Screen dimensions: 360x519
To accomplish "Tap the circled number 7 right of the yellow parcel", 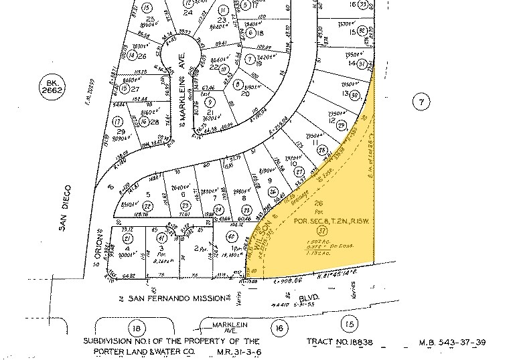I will [x=421, y=102].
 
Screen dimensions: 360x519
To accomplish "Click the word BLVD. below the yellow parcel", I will [x=308, y=294].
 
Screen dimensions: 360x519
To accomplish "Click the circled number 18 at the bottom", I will [x=137, y=327].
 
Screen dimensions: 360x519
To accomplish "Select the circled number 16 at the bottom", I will [x=279, y=327].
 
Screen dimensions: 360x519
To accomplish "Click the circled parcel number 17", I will [x=118, y=122].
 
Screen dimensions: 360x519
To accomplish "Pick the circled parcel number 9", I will [x=211, y=102].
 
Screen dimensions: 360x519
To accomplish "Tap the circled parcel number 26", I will [x=272, y=192].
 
